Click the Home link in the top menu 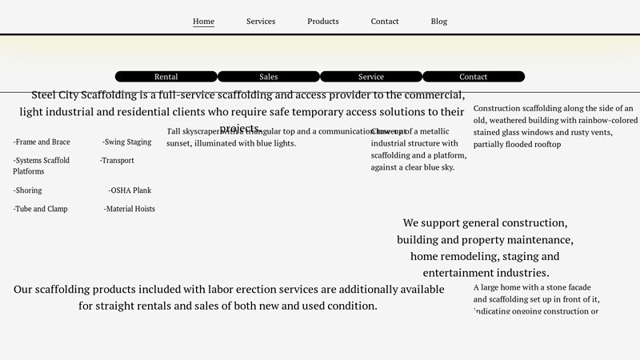[x=203, y=22]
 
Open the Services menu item [x=261, y=22]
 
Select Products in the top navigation [x=323, y=22]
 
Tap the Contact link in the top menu [x=385, y=22]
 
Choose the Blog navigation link [x=439, y=22]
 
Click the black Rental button [x=166, y=77]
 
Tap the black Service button [x=371, y=77]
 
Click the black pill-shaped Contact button [x=474, y=77]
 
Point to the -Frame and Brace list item [x=42, y=142]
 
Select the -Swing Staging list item [x=127, y=142]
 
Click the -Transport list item [x=117, y=161]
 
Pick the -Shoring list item [x=28, y=191]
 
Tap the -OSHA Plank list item [x=130, y=191]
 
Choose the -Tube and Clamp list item [x=41, y=210]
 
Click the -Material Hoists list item [x=130, y=210]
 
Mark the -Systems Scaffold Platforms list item [x=42, y=166]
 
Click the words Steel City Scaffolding [x=84, y=95]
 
